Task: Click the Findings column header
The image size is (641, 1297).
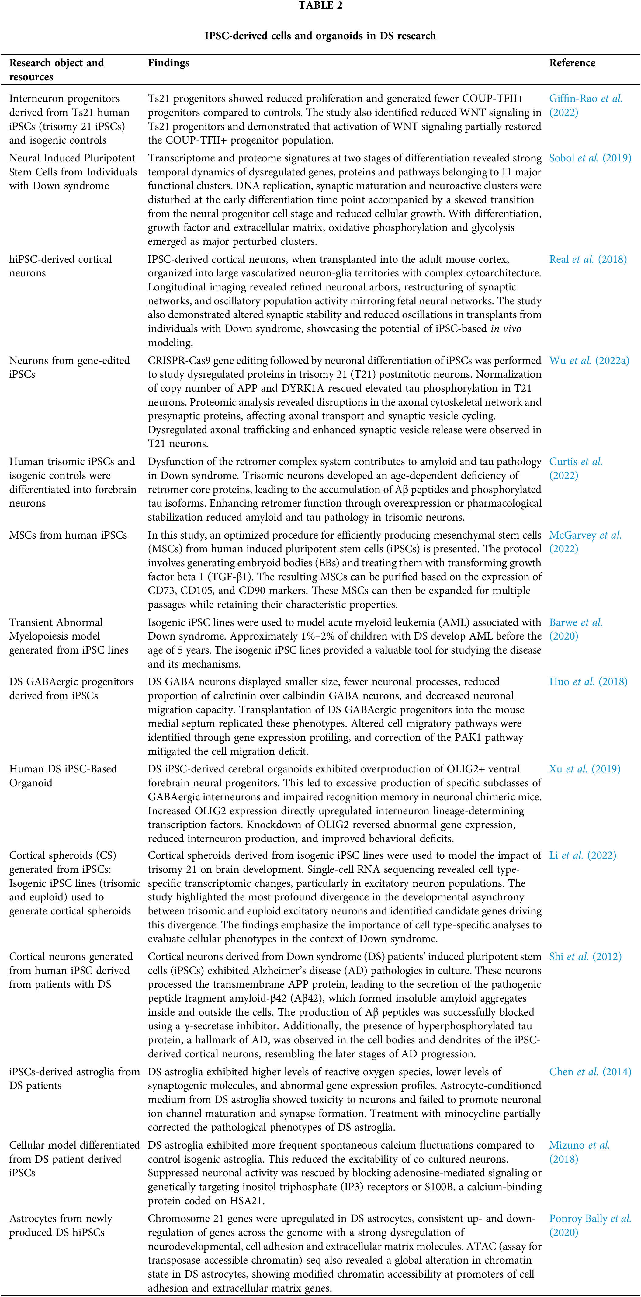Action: [169, 63]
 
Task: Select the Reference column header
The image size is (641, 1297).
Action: [572, 63]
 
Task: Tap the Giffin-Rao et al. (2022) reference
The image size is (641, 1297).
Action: [586, 105]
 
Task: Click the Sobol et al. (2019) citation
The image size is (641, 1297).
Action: [590, 158]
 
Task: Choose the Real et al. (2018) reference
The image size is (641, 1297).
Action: [587, 259]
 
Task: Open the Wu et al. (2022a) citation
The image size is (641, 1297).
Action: [589, 360]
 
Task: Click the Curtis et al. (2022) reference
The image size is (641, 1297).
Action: [576, 468]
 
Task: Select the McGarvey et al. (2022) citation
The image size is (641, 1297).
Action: [585, 542]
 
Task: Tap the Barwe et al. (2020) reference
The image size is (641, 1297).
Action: [576, 629]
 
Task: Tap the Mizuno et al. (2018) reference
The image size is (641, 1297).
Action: [579, 1152]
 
